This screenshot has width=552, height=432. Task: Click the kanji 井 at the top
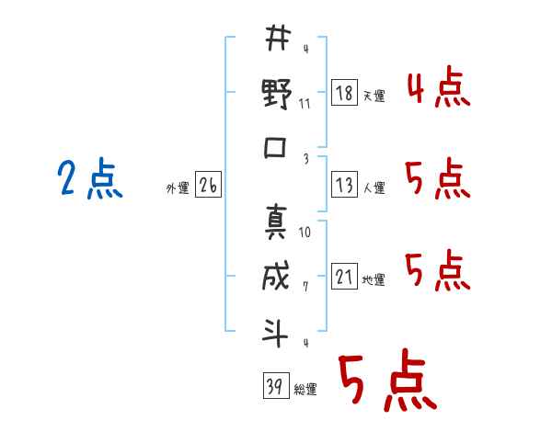[278, 38]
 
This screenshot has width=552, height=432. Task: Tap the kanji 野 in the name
[277, 94]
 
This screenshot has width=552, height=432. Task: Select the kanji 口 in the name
[275, 147]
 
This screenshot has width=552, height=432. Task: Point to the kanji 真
[276, 222]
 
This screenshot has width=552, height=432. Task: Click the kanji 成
[276, 276]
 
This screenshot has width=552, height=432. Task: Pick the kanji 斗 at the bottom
[275, 333]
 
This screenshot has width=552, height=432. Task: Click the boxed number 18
[344, 93]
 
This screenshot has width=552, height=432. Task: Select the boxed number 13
[344, 185]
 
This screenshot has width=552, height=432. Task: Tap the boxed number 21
[344, 276]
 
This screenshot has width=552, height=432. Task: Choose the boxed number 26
[208, 185]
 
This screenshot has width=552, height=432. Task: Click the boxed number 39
[276, 385]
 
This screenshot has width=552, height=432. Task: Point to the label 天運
[374, 96]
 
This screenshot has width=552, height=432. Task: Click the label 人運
[374, 188]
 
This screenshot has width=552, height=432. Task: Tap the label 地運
[374, 279]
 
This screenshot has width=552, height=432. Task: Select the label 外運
[178, 188]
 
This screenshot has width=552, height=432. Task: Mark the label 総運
[305, 389]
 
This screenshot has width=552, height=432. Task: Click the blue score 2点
[90, 178]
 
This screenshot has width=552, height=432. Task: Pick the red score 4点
[439, 86]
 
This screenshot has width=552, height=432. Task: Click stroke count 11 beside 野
[305, 104]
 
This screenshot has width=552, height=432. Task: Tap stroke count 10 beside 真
[305, 233]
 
